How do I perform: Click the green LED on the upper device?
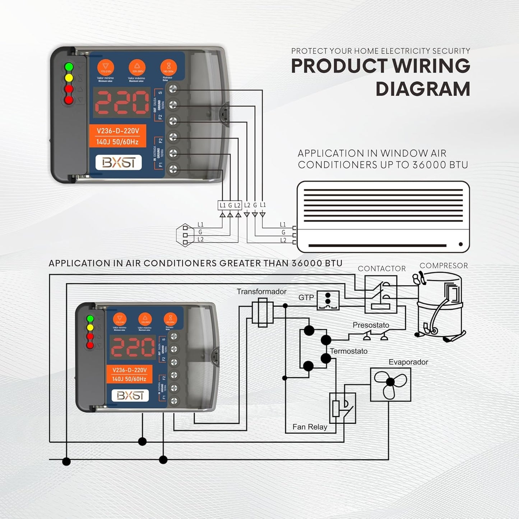(69, 67)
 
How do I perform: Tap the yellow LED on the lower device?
(90, 328)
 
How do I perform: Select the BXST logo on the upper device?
(119, 163)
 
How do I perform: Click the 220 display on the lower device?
(133, 347)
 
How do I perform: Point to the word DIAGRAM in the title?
(423, 89)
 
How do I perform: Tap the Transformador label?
(261, 292)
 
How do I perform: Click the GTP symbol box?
(328, 300)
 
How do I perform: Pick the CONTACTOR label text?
(382, 269)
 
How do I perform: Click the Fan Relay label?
(310, 427)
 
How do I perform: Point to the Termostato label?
(348, 351)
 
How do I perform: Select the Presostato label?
(371, 325)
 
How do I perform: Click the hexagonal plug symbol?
(185, 235)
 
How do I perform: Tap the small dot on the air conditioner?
(461, 245)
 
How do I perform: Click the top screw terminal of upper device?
(173, 88)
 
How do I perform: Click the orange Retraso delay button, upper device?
(168, 67)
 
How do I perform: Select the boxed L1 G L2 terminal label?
(230, 205)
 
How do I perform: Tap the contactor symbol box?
(381, 295)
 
